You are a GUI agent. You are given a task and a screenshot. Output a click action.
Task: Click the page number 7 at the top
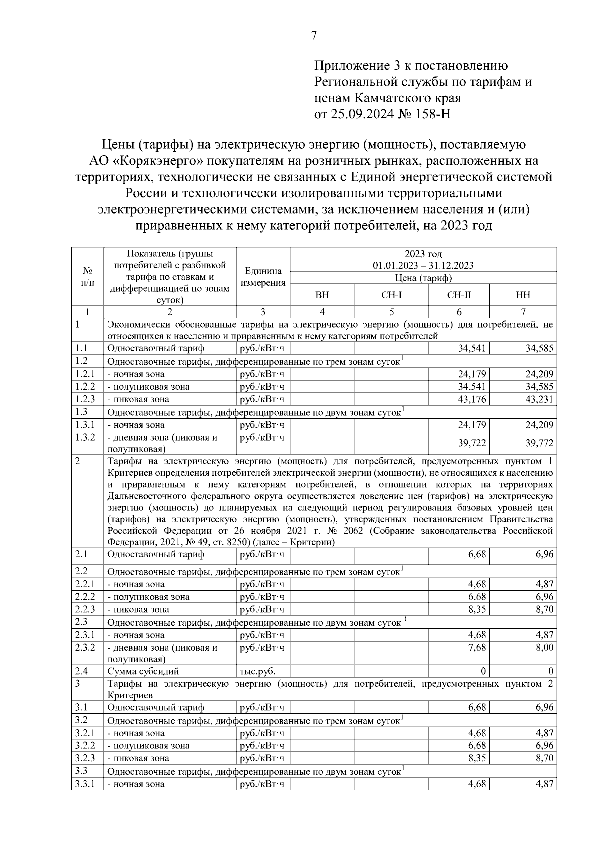314,35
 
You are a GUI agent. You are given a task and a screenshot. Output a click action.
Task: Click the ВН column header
322,295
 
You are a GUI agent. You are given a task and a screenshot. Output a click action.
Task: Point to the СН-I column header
391,295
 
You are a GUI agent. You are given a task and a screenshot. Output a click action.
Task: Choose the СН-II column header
459,295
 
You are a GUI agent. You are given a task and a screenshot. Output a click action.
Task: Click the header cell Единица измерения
263,277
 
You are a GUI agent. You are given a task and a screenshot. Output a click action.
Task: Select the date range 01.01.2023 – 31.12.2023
423,265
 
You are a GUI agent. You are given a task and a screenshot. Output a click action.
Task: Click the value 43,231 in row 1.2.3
538,399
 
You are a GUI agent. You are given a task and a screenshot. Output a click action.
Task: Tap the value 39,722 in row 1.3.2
472,443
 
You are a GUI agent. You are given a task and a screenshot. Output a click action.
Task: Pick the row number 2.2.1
85,584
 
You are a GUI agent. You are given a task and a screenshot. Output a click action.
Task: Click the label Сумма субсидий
143,671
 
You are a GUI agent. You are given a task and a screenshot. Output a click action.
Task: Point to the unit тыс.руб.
257,671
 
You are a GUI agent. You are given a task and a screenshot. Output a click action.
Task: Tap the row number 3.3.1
85,784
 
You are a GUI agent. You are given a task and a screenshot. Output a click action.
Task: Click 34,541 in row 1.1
472,348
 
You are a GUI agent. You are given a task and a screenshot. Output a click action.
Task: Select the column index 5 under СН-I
391,312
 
